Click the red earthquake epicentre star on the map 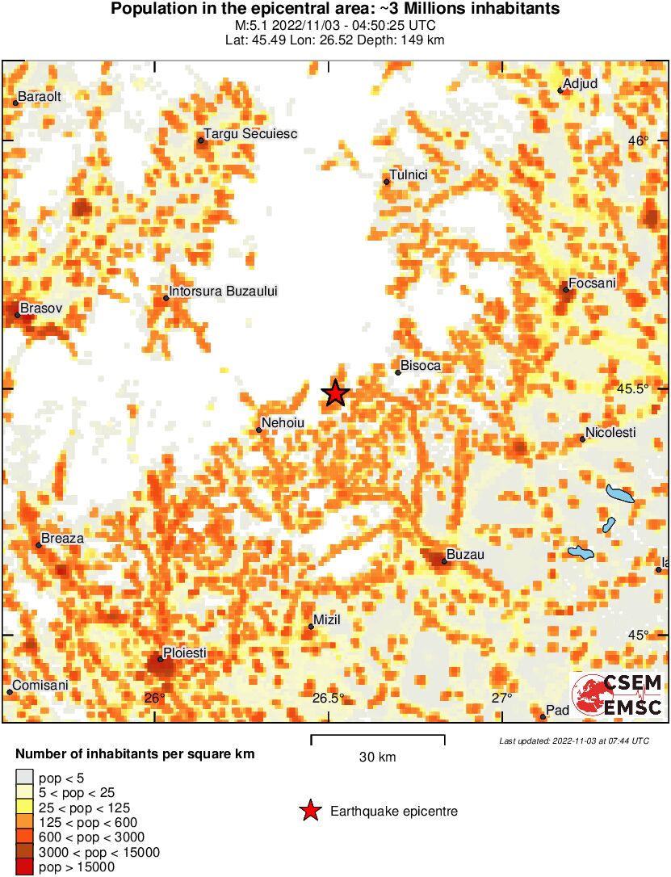[335, 393]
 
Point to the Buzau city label [465, 555]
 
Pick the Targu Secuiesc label [251, 134]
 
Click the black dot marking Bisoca [398, 372]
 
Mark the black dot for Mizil [312, 627]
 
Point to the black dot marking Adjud [560, 90]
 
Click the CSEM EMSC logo [617, 694]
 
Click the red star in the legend [309, 812]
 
